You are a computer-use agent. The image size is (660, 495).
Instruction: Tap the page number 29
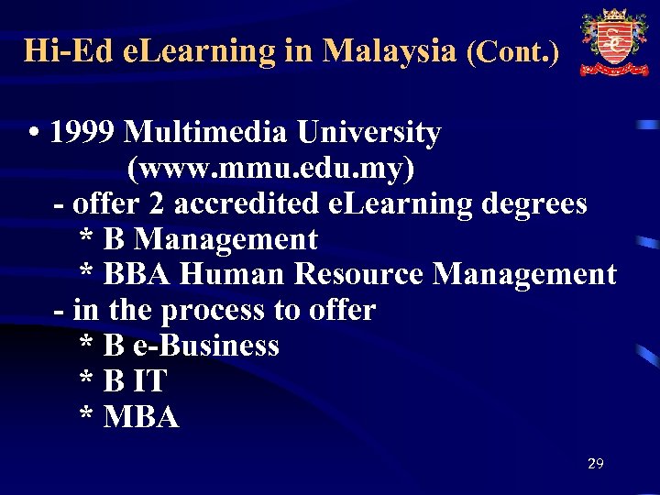[x=595, y=465]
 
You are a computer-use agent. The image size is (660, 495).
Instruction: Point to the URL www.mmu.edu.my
[x=271, y=169]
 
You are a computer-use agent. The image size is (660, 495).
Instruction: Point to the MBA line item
[x=141, y=418]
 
